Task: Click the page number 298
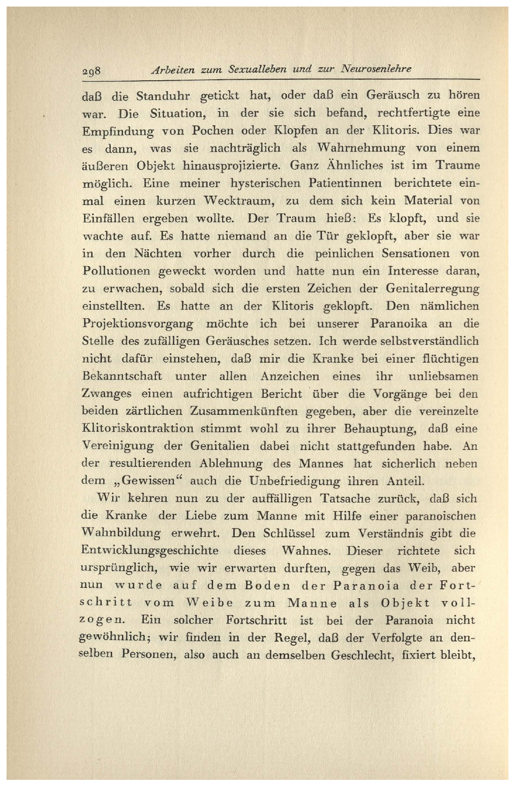[x=92, y=71]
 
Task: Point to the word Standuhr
[x=163, y=96]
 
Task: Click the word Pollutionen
[x=116, y=272]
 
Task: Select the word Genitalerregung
[x=432, y=289]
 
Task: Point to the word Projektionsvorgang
[x=138, y=324]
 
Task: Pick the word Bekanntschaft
[x=122, y=376]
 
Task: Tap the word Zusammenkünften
[x=244, y=412]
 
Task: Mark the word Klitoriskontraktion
[x=138, y=429]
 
